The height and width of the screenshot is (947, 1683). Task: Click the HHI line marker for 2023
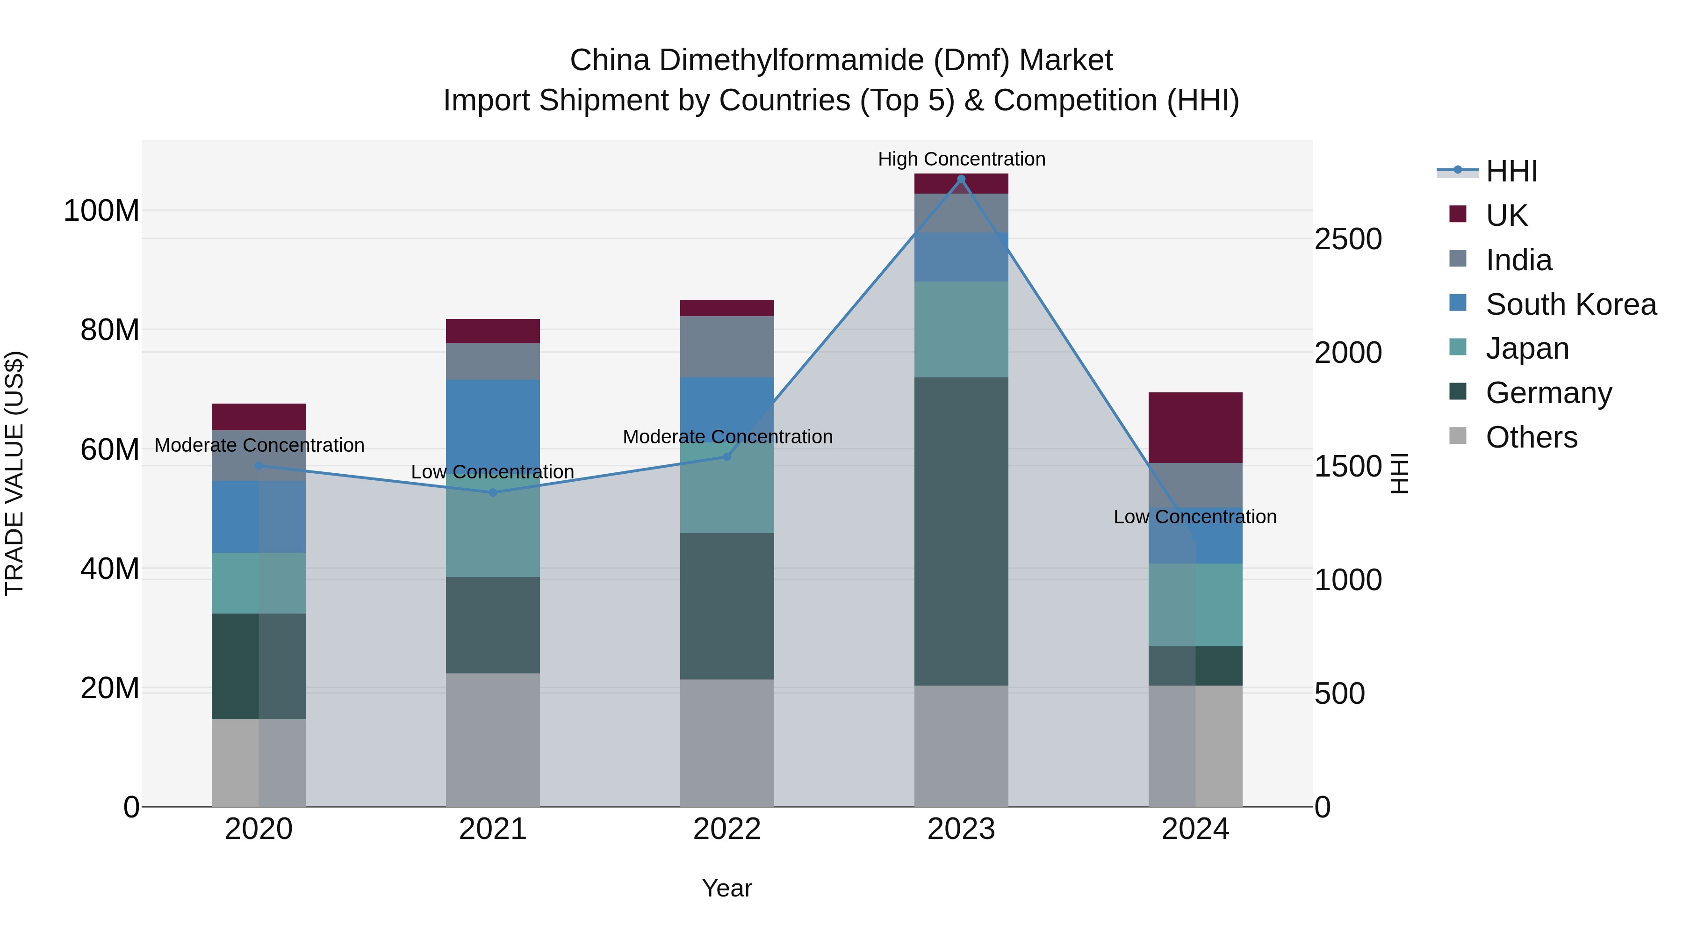(x=961, y=179)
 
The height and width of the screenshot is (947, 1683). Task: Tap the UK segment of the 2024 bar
(x=1195, y=427)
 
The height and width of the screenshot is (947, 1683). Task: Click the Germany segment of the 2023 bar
(x=961, y=531)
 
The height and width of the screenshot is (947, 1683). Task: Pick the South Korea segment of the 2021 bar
(x=493, y=421)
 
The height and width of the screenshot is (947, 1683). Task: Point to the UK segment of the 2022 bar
(x=726, y=308)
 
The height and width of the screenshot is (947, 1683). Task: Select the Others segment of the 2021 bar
(x=493, y=739)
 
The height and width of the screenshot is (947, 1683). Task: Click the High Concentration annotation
(x=961, y=159)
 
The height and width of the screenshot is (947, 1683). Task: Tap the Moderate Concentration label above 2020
(x=259, y=445)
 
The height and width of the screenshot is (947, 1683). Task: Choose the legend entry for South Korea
(x=1571, y=304)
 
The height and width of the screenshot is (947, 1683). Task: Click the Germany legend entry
(x=1548, y=393)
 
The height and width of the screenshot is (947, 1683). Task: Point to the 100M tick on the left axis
(x=101, y=211)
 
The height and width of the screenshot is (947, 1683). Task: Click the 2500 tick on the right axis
(x=1348, y=239)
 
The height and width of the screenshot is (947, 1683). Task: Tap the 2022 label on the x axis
(x=726, y=829)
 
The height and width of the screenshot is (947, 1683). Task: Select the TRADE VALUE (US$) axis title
(x=14, y=473)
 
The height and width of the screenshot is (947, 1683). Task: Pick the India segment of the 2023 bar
(x=961, y=213)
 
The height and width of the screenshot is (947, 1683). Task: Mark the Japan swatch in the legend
(x=1458, y=347)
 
